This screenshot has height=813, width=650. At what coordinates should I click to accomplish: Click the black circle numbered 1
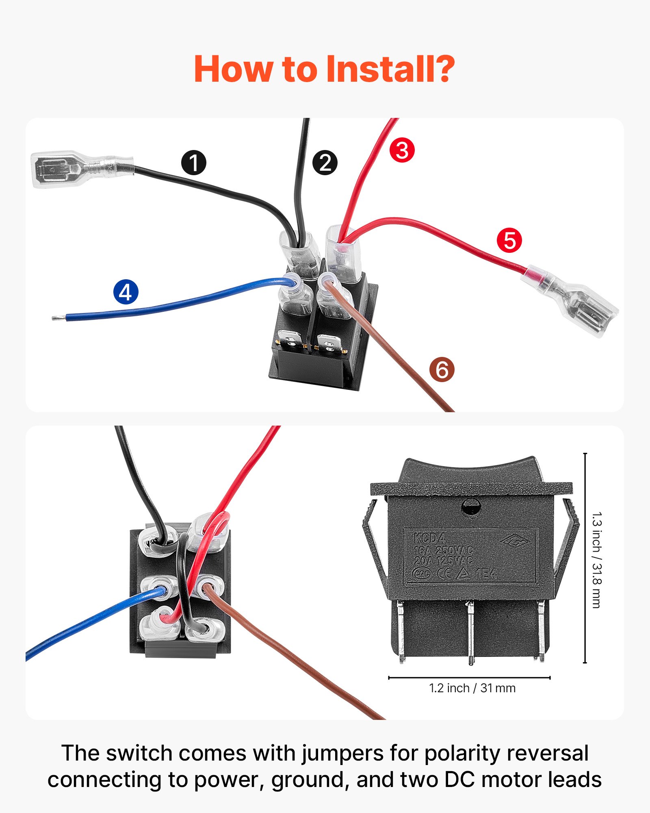point(194,163)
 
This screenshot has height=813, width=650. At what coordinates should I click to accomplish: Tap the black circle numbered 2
point(325,163)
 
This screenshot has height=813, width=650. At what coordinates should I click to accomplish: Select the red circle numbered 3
point(402,150)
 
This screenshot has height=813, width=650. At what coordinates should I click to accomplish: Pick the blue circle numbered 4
point(126,292)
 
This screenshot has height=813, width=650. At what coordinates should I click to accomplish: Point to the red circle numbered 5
point(509,240)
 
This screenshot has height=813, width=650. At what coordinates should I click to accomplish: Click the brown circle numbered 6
point(442,370)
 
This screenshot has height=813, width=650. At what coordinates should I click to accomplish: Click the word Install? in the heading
point(390,69)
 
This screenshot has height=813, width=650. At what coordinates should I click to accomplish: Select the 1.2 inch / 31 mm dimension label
point(472,688)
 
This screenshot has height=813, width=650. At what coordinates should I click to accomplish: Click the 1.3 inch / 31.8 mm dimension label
point(596,560)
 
